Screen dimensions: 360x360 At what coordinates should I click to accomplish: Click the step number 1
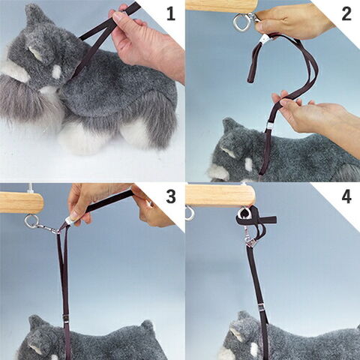pos(171,14)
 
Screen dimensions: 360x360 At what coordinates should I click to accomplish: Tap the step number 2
pos(346,14)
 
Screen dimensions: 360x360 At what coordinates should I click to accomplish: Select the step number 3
pos(171,196)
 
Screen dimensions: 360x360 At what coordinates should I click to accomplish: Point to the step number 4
pos(346,196)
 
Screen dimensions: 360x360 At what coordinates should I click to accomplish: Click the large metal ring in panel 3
pos(32,222)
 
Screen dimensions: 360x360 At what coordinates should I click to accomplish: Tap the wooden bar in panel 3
pos(22,202)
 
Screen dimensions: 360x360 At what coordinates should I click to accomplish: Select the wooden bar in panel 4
pos(220,195)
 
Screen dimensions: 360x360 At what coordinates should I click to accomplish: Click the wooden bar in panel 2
pos(221,5)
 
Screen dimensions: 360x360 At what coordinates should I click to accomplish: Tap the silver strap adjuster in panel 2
pos(269,126)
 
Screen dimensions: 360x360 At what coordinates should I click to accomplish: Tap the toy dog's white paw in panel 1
pos(82,139)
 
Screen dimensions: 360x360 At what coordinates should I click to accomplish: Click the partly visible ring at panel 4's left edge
pos(189,214)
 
